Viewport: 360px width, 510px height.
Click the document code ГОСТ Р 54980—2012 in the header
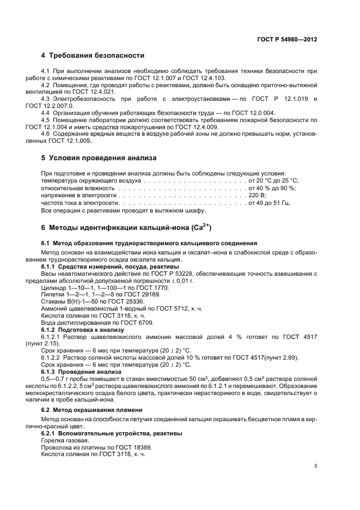pos(286,39)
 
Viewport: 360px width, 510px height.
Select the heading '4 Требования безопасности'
pos(93,56)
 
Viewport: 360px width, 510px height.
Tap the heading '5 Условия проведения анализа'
pos(99,158)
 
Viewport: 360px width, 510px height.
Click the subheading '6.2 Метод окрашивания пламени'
pos(84,409)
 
